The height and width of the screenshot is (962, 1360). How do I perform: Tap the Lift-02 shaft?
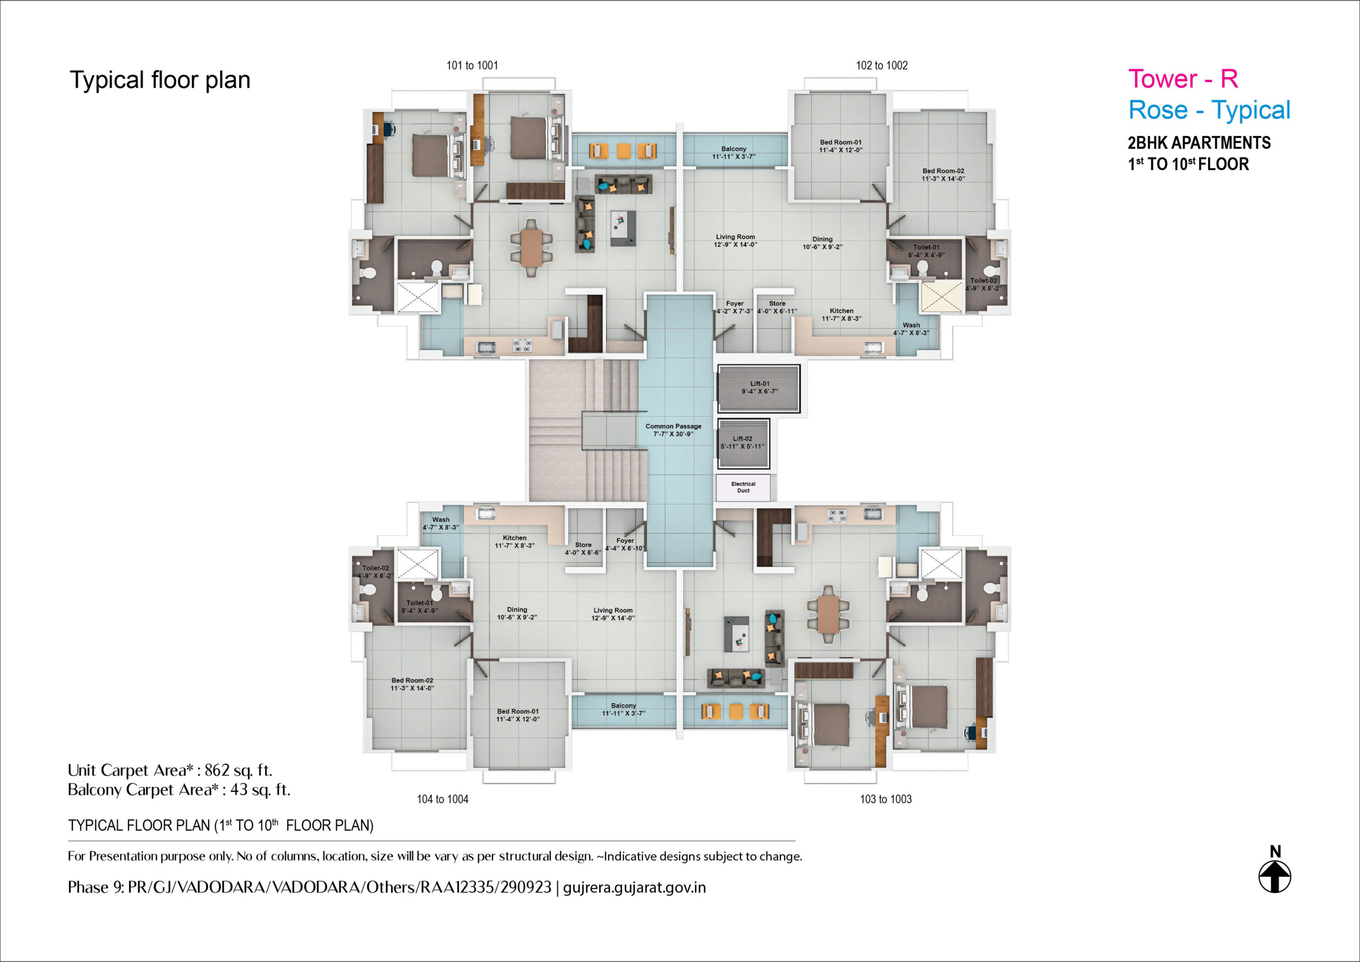click(743, 443)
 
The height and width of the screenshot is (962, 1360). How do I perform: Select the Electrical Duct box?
click(743, 488)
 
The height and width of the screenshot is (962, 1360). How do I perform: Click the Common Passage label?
click(674, 426)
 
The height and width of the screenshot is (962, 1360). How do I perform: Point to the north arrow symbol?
click(1274, 876)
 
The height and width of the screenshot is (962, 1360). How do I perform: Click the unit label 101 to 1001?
click(472, 65)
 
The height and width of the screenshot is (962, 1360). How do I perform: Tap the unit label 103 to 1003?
click(886, 799)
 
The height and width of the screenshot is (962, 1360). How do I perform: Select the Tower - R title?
click(1183, 79)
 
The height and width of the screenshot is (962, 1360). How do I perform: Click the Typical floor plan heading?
click(160, 80)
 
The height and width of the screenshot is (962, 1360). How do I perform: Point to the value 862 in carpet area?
click(217, 770)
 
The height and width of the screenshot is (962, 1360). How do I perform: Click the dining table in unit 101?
click(531, 247)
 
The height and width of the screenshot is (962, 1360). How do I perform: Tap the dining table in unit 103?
click(828, 614)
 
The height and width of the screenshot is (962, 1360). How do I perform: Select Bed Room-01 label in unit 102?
click(840, 142)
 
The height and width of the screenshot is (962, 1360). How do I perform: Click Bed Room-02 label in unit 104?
click(412, 680)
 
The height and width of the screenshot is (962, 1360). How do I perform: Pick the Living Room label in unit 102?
click(736, 237)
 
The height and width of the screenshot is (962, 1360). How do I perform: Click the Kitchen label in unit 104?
click(515, 538)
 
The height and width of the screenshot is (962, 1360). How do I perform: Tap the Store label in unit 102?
click(777, 303)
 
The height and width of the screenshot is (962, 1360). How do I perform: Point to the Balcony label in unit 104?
click(624, 705)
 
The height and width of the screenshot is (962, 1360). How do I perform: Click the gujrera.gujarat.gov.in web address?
click(634, 887)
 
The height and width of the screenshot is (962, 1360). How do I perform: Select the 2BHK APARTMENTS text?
click(1199, 143)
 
